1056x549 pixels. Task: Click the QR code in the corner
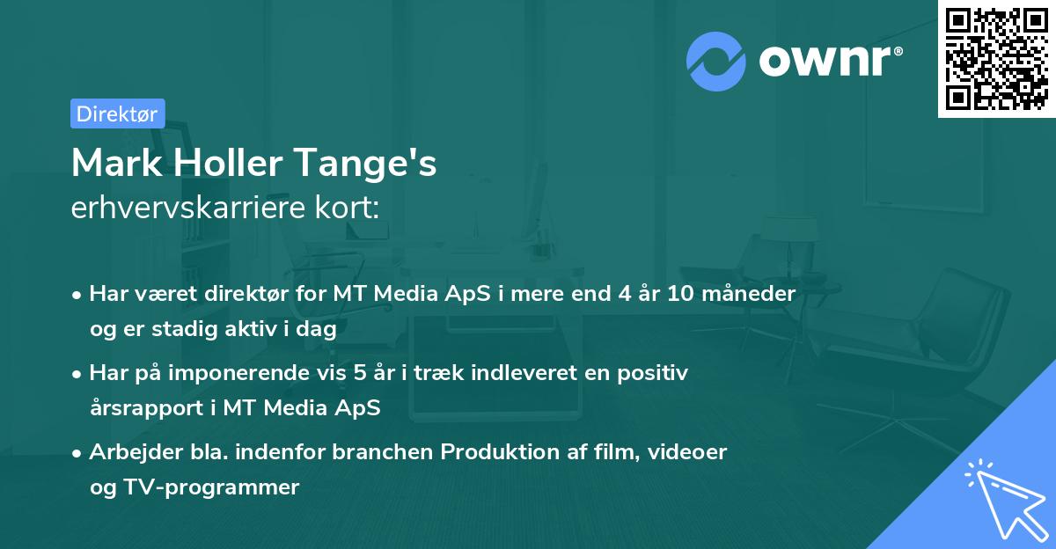coord(996,59)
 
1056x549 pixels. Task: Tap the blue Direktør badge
coord(117,113)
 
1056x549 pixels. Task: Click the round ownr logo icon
coord(715,62)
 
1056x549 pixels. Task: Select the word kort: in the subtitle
coord(351,209)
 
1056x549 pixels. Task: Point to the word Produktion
coord(498,452)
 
